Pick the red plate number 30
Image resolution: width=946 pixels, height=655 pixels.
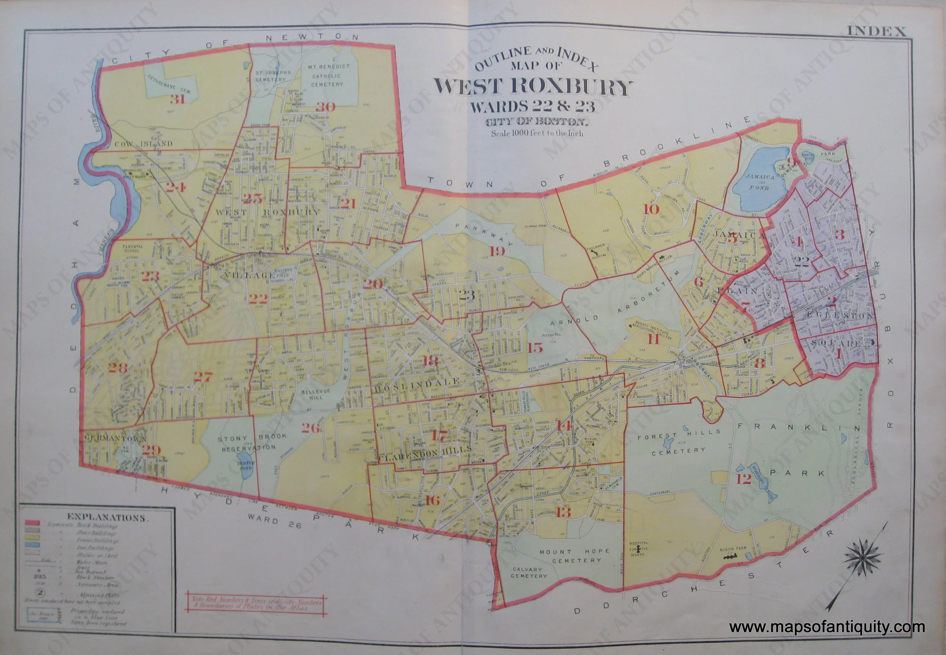pyautogui.click(x=326, y=107)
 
